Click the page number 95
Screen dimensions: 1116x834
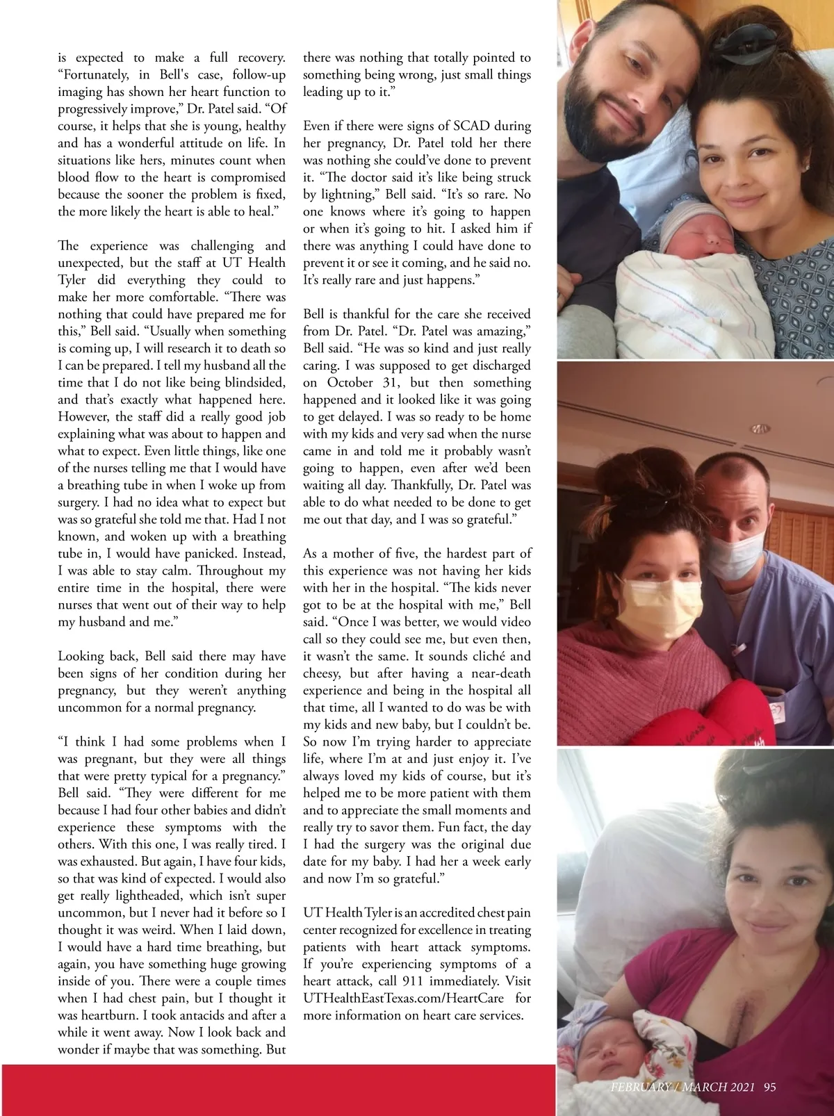click(769, 1088)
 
